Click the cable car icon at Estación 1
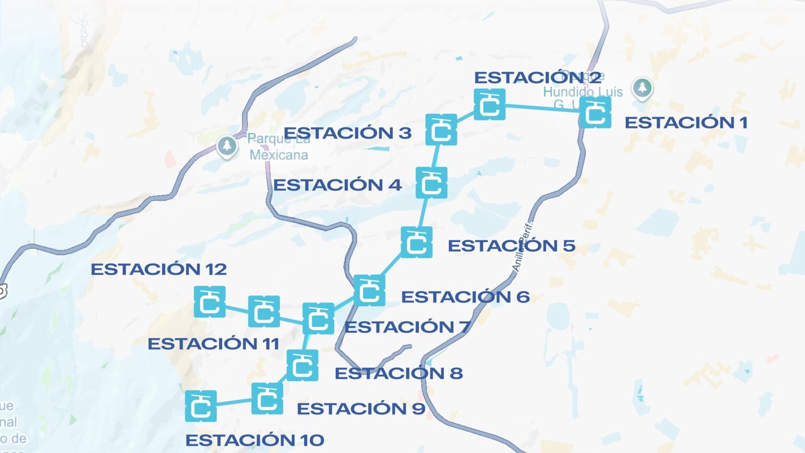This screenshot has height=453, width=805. click(x=595, y=112)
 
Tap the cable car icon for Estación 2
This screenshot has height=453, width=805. click(x=490, y=105)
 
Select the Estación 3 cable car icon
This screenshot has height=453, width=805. click(x=441, y=130)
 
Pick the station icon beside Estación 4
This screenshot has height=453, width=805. click(x=431, y=183)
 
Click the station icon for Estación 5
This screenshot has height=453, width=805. click(x=417, y=242)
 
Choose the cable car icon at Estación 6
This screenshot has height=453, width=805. click(x=369, y=290)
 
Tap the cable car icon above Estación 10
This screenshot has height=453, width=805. click(x=201, y=406)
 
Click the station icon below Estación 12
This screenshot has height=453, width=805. click(x=210, y=301)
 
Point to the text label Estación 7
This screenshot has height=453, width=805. click(x=407, y=327)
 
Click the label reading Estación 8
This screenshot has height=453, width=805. click(x=399, y=373)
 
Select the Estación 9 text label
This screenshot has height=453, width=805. click(x=361, y=408)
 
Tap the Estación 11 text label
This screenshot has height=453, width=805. click(x=214, y=343)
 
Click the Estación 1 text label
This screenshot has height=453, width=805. click(x=686, y=122)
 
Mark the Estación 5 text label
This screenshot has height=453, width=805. click(x=511, y=246)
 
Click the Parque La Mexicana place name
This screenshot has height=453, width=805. click(x=279, y=147)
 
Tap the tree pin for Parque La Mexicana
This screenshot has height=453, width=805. click(x=227, y=146)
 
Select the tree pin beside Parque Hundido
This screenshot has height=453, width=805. click(x=642, y=88)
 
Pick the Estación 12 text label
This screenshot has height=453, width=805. click(x=159, y=269)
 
